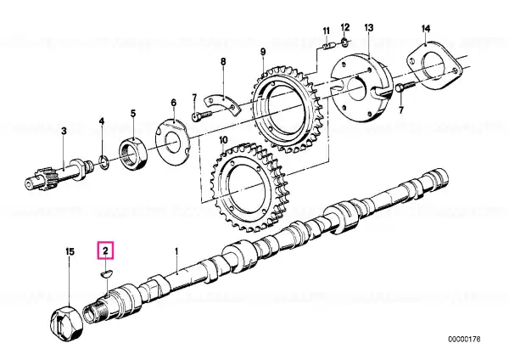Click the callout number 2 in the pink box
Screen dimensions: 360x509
[x=106, y=250]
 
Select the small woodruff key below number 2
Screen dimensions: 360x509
[x=105, y=273]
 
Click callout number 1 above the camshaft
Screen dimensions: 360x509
[x=176, y=252]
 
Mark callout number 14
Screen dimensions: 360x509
[x=425, y=30]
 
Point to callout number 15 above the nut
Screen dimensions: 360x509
[x=70, y=252]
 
